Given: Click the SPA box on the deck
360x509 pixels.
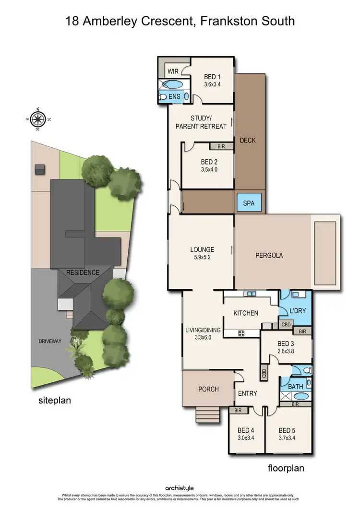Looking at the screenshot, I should pos(249,203).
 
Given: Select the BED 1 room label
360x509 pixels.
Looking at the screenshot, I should pos(213,77).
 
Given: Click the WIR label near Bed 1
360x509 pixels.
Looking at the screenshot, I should pos(173,71).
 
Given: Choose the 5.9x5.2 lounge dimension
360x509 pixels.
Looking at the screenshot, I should pos(202,258).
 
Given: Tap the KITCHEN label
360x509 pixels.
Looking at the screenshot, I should pos(246,313).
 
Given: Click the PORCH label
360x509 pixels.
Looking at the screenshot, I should pos(208,389).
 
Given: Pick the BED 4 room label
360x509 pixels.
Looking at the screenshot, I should pos(245,430).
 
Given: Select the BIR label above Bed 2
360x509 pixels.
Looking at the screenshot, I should pos(221,146).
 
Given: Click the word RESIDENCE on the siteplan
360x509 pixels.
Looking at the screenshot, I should pos(83,272).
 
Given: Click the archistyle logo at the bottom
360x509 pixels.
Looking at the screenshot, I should pos(180,488).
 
